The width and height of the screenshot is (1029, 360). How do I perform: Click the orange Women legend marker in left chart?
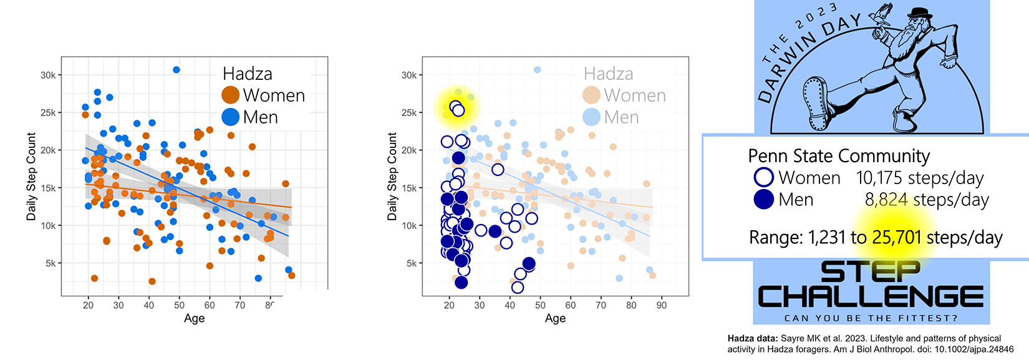231,95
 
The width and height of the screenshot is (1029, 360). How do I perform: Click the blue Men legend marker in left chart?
231,117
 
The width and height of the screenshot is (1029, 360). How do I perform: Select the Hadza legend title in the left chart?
248,74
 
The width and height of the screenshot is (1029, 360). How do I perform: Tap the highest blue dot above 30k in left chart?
176,70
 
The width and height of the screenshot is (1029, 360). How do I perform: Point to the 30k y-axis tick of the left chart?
48,75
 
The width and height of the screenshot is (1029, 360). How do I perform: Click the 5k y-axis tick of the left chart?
51,263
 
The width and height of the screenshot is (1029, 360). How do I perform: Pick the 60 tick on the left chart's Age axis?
210,305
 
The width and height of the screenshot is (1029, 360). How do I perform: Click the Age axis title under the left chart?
194,318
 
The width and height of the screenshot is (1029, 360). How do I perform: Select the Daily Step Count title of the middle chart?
392,176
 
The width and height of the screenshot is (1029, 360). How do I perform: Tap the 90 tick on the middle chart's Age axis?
662,305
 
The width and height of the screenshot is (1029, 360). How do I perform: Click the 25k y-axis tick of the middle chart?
409,113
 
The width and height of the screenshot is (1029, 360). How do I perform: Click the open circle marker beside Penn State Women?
764,177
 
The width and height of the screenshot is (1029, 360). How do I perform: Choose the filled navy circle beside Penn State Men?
764,200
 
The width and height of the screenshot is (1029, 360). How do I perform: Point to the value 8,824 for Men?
886,200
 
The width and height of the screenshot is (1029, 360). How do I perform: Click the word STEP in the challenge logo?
871,273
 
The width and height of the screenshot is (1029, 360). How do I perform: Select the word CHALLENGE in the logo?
871,296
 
